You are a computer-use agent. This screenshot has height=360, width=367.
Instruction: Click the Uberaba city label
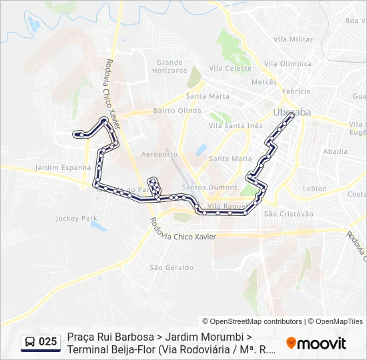coord(292,112)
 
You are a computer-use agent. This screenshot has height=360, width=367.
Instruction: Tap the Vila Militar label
coord(293,39)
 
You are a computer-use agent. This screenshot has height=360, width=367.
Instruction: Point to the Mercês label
coord(264,82)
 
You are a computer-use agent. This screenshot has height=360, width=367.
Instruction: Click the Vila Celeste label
coord(230,68)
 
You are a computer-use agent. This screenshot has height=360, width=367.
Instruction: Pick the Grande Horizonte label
coord(169,66)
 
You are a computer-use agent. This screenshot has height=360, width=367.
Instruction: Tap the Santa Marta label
coord(208,96)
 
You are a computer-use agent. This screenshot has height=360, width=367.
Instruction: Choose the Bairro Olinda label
coord(177,111)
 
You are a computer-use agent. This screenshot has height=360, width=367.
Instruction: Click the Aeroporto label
coord(160,154)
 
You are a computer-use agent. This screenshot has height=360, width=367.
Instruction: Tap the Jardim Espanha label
coord(63,167)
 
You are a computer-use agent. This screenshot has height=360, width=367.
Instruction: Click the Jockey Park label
coord(77,218)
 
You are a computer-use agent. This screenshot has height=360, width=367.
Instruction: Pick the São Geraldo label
coord(171,267)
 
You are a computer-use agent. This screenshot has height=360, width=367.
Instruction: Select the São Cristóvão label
coord(289,214)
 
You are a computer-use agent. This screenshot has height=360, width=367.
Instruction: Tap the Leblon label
coord(315,189)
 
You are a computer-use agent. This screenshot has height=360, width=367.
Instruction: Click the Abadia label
coord(335,151)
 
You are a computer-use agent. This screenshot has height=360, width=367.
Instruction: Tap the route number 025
coord(48,342)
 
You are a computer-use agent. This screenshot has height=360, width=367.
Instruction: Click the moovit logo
coord(316,343)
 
